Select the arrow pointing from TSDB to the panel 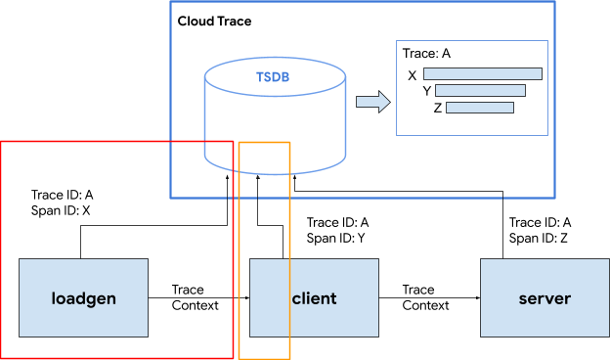[371, 102]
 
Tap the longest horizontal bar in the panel [483, 73]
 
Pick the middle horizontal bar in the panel [480, 91]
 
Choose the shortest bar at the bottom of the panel [480, 108]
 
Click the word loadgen [83, 298]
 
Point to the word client [314, 298]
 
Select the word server [545, 298]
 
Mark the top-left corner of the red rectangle [1, 142]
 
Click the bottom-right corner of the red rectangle [233, 358]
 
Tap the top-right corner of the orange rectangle [289, 143]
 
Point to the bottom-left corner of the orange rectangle [240, 358]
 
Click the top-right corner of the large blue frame [554, 1]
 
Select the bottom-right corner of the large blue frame [554, 198]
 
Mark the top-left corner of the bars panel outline [396, 41]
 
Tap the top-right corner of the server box [608, 259]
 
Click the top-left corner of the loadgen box [20, 259]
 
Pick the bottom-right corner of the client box [377, 337]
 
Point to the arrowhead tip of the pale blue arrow [389, 102]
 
